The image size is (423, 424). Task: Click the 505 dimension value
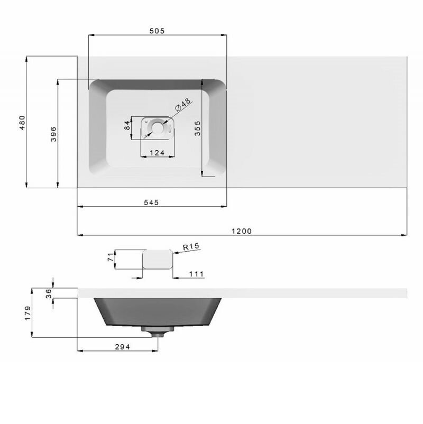[x=157, y=31]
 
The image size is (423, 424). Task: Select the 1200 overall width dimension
[x=242, y=231]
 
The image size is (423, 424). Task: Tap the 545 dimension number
[x=151, y=202]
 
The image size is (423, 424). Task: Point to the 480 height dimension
[x=22, y=123]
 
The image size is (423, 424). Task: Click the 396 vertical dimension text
[x=54, y=134]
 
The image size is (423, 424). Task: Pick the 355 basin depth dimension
[x=198, y=128]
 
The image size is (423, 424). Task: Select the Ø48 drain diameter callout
[x=183, y=105]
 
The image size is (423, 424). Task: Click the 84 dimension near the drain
[x=127, y=125]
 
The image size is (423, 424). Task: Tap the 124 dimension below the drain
[x=157, y=153]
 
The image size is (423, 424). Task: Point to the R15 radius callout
[x=191, y=246]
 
